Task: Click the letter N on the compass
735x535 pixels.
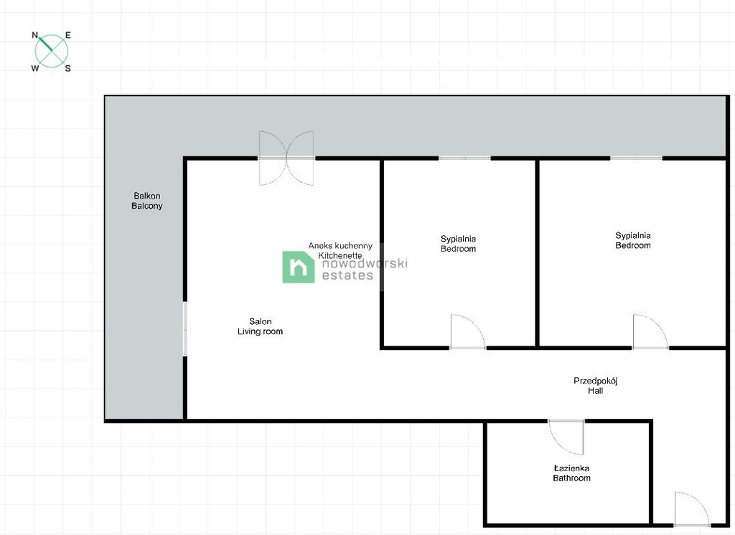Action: (34, 35)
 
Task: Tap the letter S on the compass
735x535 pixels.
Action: (68, 68)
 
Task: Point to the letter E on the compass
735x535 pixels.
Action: (68, 35)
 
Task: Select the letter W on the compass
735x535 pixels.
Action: (35, 68)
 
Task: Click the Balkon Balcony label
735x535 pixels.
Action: (146, 201)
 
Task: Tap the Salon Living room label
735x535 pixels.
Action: (260, 326)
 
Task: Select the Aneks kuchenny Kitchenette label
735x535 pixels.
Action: (340, 250)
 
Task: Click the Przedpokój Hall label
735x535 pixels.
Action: (595, 386)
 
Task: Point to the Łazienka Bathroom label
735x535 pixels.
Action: (571, 473)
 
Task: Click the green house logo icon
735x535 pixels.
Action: (298, 267)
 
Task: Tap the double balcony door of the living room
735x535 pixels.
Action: (286, 158)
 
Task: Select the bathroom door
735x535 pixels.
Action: (566, 437)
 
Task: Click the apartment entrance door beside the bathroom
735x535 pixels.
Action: (693, 508)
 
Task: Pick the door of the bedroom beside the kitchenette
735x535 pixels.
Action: (468, 331)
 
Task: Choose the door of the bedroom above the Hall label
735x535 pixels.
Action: (650, 331)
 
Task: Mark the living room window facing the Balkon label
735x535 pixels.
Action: (185, 329)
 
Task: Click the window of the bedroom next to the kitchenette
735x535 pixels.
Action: (464, 158)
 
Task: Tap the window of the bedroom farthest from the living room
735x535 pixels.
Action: (636, 158)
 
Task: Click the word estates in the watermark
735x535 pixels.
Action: (347, 275)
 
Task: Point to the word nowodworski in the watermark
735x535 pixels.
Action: (365, 262)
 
